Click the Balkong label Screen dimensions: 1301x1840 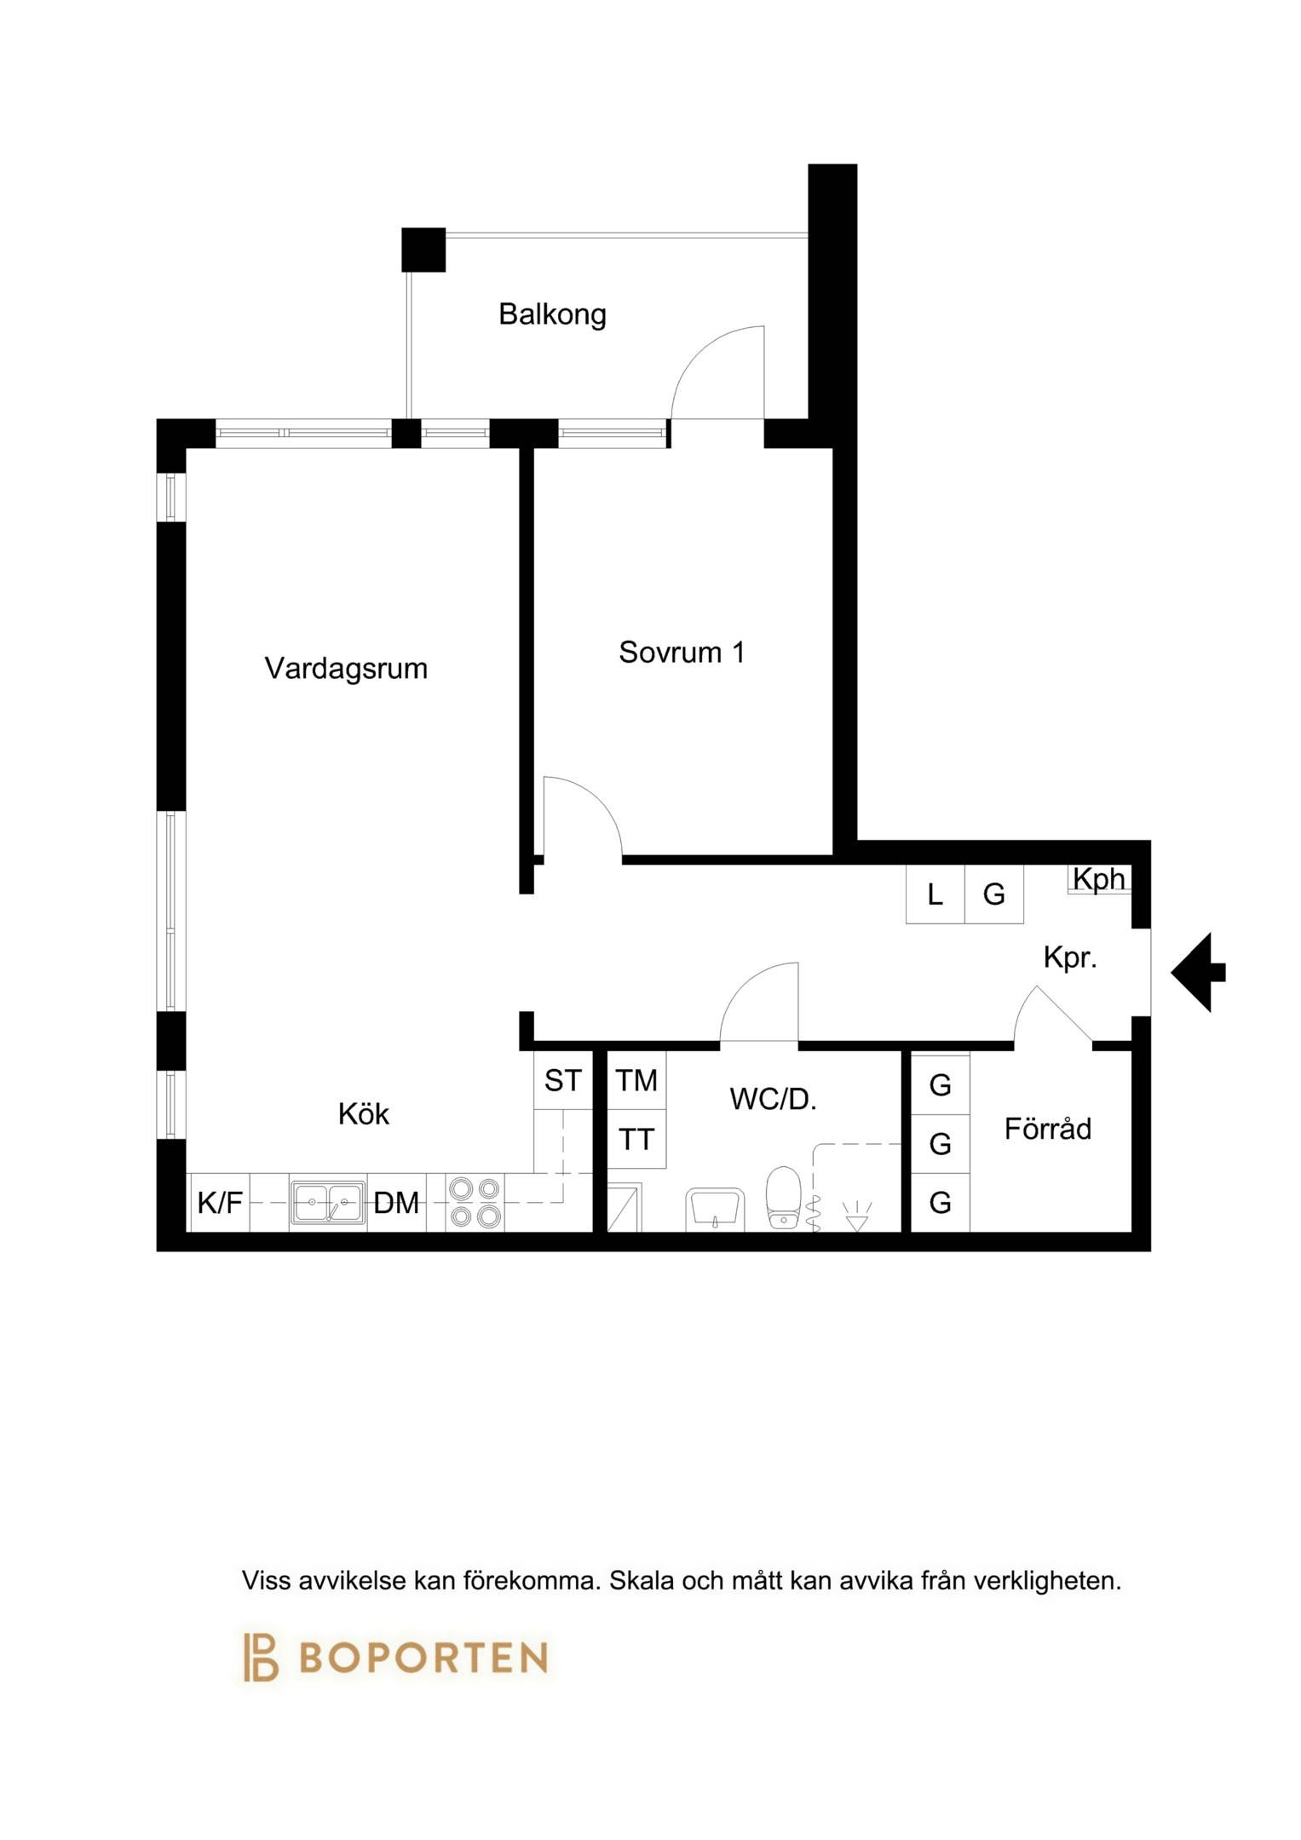[x=552, y=314]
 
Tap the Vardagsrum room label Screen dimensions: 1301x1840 [x=346, y=669]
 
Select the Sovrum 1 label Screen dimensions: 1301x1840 [x=682, y=653]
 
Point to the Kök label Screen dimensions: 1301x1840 [x=363, y=1114]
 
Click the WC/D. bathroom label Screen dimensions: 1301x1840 [x=773, y=1100]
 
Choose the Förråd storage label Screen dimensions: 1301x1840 [x=1047, y=1129]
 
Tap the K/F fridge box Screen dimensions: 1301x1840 [x=220, y=1203]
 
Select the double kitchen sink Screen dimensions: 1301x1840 [x=328, y=1203]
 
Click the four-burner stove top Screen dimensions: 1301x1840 [x=475, y=1202]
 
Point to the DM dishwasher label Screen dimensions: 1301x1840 [x=396, y=1204]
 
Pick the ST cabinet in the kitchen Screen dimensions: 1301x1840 [x=563, y=1081]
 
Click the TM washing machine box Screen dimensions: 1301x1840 [x=636, y=1081]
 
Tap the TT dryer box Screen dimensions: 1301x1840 [x=636, y=1139]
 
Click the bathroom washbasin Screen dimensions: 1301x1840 [x=715, y=1210]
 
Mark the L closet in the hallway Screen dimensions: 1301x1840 [x=935, y=894]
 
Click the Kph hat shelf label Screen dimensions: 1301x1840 [x=1099, y=878]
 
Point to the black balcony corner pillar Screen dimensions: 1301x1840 [x=423, y=250]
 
